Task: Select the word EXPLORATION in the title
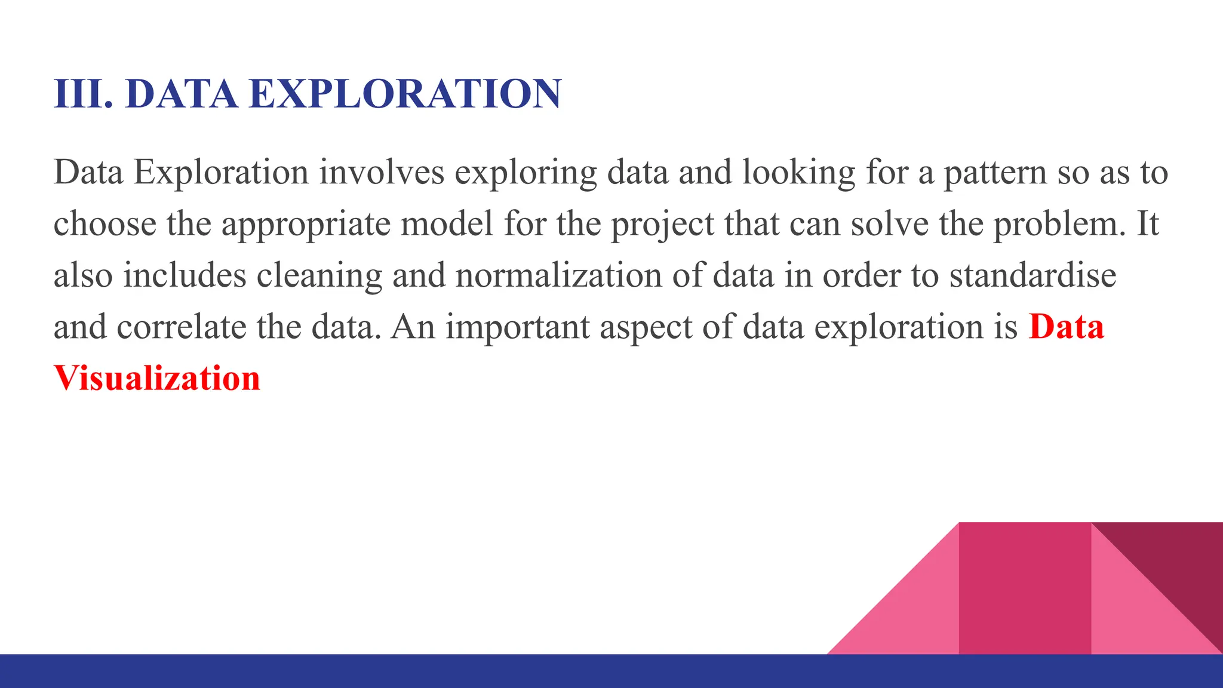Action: pos(405,94)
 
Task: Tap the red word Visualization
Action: pos(157,378)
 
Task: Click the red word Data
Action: pos(1066,327)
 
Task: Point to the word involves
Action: pos(382,172)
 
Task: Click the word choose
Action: pos(105,224)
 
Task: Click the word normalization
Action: pos(559,275)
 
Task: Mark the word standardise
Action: pos(1033,275)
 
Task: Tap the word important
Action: pos(517,327)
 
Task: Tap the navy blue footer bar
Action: pos(418,671)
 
